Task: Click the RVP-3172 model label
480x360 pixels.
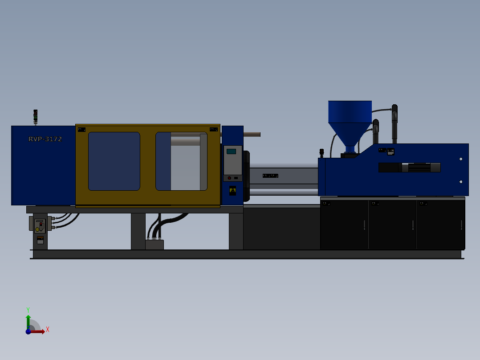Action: coord(45,139)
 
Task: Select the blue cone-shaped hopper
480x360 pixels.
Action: coord(350,120)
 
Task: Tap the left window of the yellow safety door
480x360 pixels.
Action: coord(114,161)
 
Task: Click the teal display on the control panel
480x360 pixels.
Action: coord(231,151)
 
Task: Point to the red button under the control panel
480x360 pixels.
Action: coord(229,178)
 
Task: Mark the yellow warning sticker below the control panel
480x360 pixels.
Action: coord(232,191)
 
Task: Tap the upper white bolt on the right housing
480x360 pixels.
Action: coord(461,159)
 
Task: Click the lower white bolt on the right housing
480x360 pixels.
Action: coord(461,181)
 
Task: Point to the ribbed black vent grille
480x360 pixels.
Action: coord(419,168)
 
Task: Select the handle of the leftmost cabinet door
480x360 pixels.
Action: coord(364,225)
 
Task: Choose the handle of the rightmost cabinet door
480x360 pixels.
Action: coord(461,225)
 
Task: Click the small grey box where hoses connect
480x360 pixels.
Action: coord(155,245)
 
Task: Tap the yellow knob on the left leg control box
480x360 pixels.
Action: coord(37,229)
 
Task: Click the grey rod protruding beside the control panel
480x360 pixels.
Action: coord(252,134)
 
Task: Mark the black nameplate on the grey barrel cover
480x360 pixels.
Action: coord(270,176)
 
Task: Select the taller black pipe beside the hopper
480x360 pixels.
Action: coord(395,123)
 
